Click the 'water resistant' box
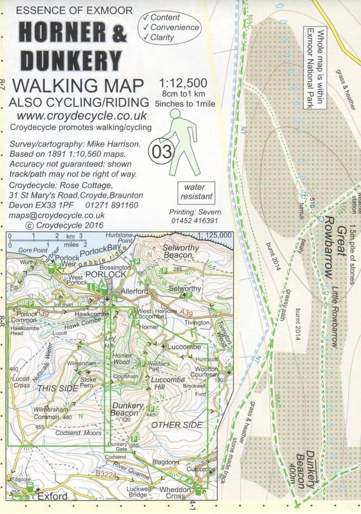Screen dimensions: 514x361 click(195, 192)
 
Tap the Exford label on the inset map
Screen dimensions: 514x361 click(51, 497)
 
